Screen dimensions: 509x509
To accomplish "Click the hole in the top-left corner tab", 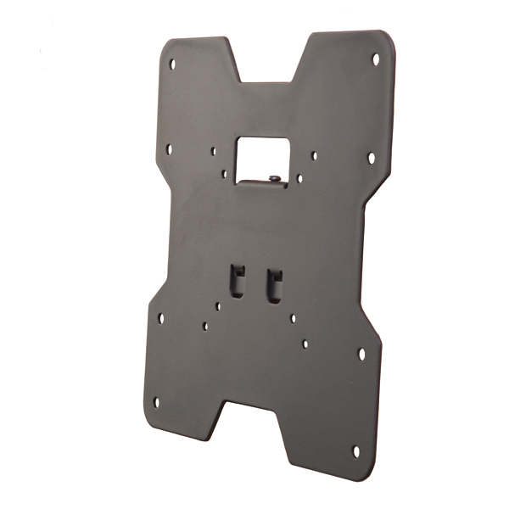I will coord(173,64).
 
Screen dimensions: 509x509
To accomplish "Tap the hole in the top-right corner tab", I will coord(376,59).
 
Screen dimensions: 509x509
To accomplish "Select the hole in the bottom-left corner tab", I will coord(155,403).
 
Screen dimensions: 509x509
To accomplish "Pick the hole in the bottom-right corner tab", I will coord(355,450).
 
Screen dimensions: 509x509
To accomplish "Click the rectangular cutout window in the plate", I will coord(264,156).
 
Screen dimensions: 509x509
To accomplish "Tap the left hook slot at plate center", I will coord(238,281).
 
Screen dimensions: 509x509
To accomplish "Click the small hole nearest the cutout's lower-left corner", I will coord(224,174).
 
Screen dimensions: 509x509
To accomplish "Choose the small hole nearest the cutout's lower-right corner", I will coord(299,179).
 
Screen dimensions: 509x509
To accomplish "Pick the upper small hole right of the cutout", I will coord(314,156).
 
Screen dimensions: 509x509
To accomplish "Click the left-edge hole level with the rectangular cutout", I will coord(168,148).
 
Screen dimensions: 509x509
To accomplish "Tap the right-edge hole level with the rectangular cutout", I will coord(371,158).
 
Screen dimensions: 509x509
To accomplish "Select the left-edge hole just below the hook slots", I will coord(160,318).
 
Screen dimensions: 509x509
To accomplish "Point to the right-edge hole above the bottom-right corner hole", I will coord(361,352).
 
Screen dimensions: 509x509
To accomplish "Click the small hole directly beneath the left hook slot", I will coord(218,305).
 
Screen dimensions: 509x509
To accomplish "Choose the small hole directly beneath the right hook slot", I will coord(293,319).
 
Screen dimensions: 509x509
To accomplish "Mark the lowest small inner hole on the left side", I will coord(204,324).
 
